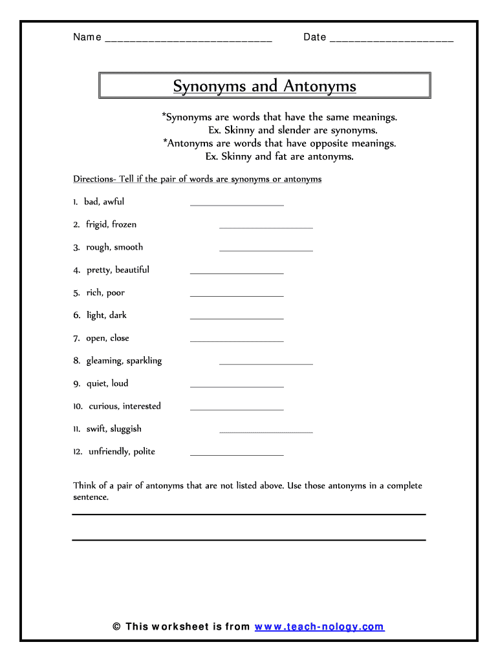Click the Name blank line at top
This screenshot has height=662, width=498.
point(188,39)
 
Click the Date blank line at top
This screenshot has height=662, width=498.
point(391,39)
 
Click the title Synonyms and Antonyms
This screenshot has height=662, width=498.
point(265,86)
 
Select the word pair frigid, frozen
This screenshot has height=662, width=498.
point(111,225)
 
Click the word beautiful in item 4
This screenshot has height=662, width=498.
point(132,270)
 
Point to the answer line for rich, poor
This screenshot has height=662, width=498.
point(237,295)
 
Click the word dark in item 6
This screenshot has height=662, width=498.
point(118,315)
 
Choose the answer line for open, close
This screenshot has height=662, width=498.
point(237,341)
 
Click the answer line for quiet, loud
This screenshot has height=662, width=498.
point(237,387)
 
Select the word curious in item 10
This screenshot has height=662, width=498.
point(103,406)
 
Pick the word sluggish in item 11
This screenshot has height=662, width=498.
point(125,429)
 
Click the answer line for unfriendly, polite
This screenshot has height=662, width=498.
point(237,454)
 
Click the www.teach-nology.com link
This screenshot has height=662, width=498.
point(319,626)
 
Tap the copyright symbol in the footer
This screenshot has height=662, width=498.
point(116,626)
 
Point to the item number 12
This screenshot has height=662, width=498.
point(78,452)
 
